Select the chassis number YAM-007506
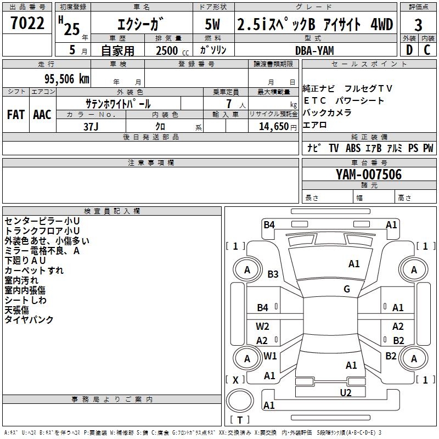tap(369, 175)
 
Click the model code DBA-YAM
tap(314, 50)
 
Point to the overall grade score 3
tap(418, 25)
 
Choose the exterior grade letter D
tap(409, 50)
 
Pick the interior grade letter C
tap(427, 50)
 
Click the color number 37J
tap(91, 126)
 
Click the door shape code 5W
tap(213, 25)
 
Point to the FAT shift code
tap(15, 115)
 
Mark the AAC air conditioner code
tap(42, 115)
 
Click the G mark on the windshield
tap(347, 289)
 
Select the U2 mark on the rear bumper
tap(345, 392)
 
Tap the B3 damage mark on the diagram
tap(273, 274)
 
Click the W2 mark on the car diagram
tap(262, 326)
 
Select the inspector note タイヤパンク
tap(29, 319)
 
